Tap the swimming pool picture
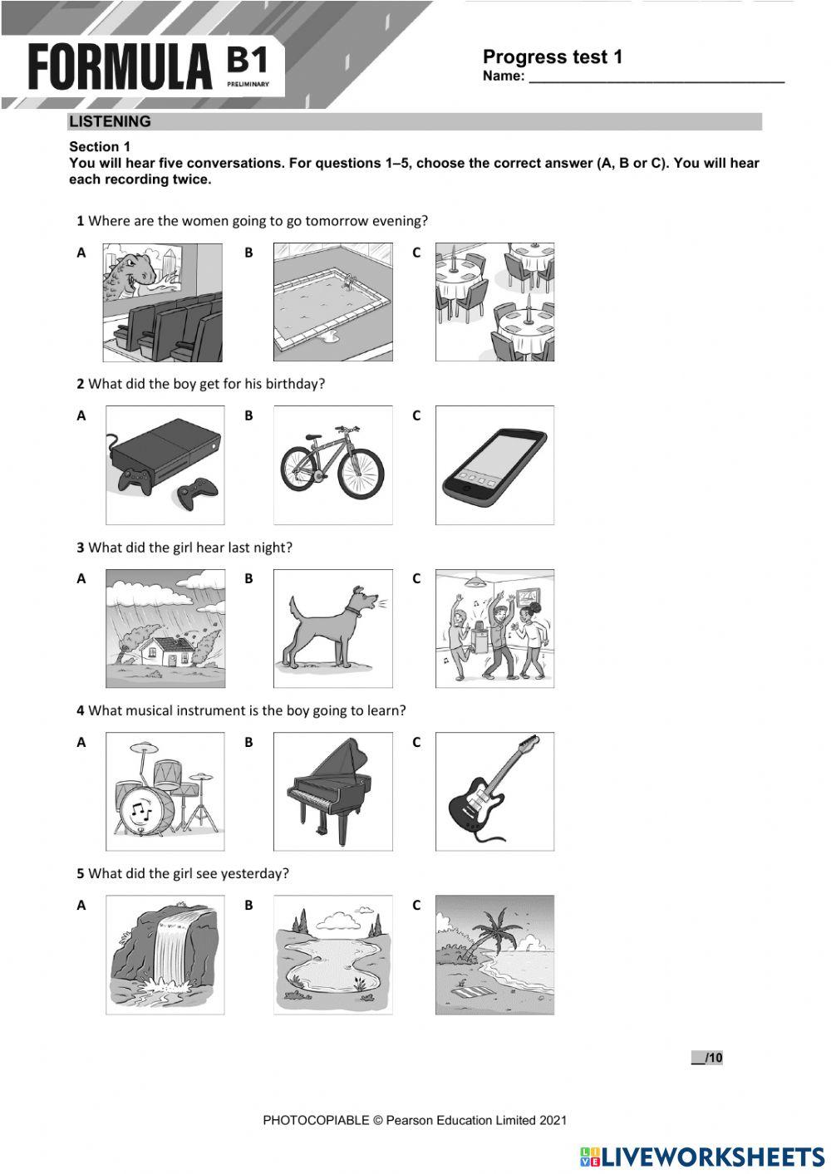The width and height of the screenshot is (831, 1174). pyautogui.click(x=332, y=302)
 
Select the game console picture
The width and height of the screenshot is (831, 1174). pyautogui.click(x=165, y=464)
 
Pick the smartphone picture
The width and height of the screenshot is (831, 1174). pyautogui.click(x=494, y=465)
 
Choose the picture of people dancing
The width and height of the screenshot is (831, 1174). pyautogui.click(x=494, y=629)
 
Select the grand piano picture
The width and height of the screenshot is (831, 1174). pyautogui.click(x=332, y=791)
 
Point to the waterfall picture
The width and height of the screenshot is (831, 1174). pyautogui.click(x=165, y=954)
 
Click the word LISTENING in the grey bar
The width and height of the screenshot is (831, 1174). pyautogui.click(x=111, y=122)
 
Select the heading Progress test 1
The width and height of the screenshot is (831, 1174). pyautogui.click(x=552, y=57)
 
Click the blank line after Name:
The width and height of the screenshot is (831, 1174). pyautogui.click(x=656, y=78)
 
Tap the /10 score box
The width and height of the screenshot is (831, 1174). pyautogui.click(x=707, y=1058)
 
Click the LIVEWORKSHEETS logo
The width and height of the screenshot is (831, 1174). pyautogui.click(x=702, y=1156)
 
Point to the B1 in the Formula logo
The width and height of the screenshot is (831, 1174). pyautogui.click(x=247, y=63)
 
